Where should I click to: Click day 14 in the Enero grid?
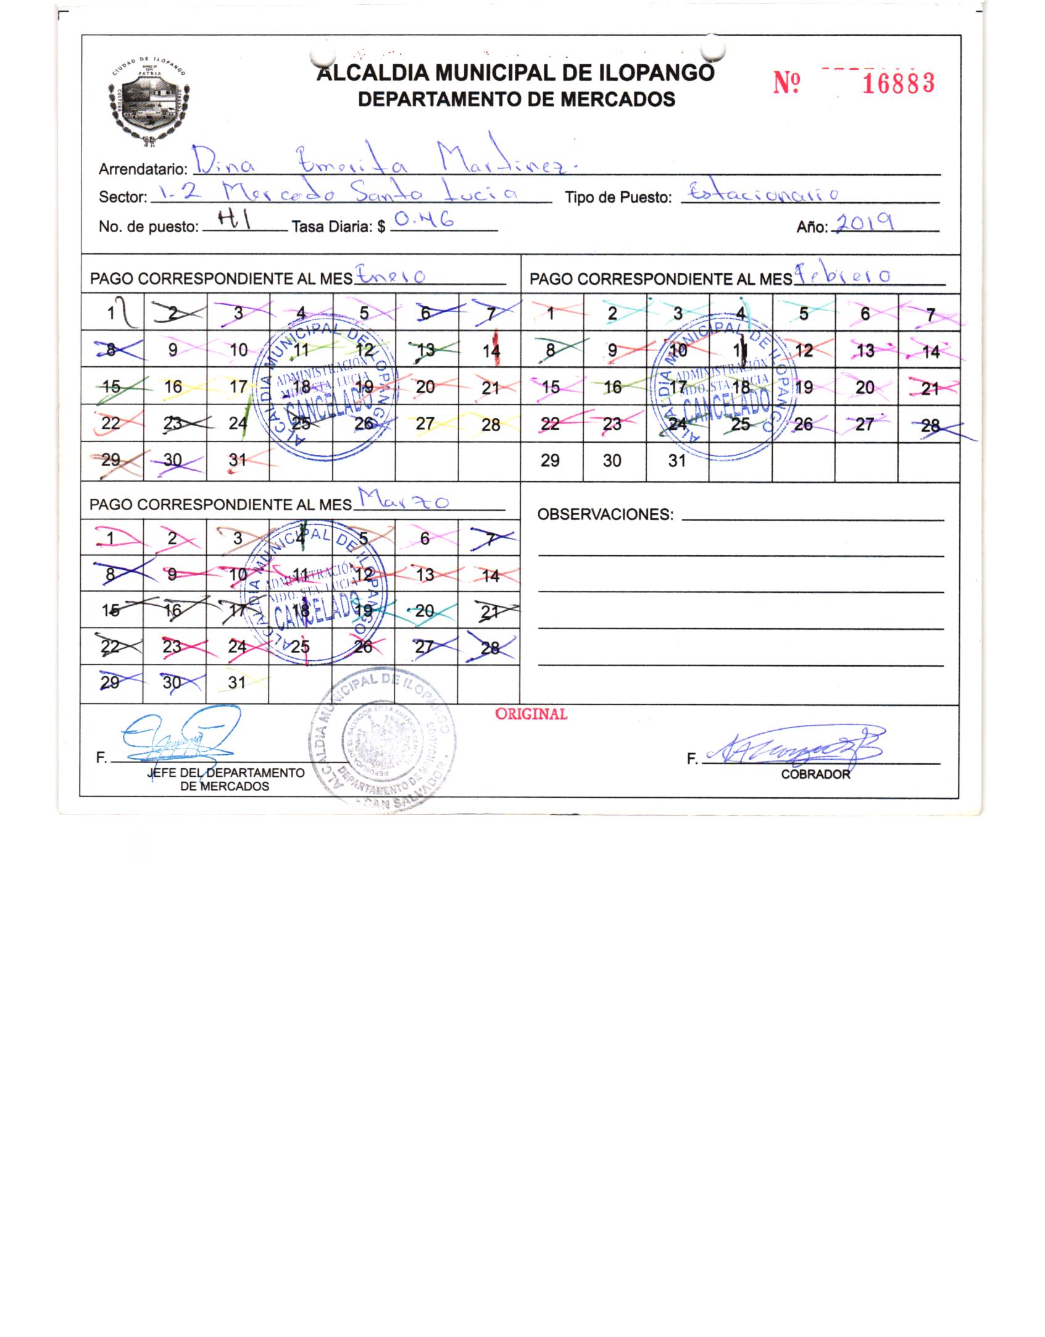(491, 351)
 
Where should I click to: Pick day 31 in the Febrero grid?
(677, 461)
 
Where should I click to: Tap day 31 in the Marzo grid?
(238, 682)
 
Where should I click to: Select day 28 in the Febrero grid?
(929, 425)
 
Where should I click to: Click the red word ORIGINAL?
(531, 714)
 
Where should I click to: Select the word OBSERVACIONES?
(606, 514)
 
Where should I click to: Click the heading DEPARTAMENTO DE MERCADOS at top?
(517, 99)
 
